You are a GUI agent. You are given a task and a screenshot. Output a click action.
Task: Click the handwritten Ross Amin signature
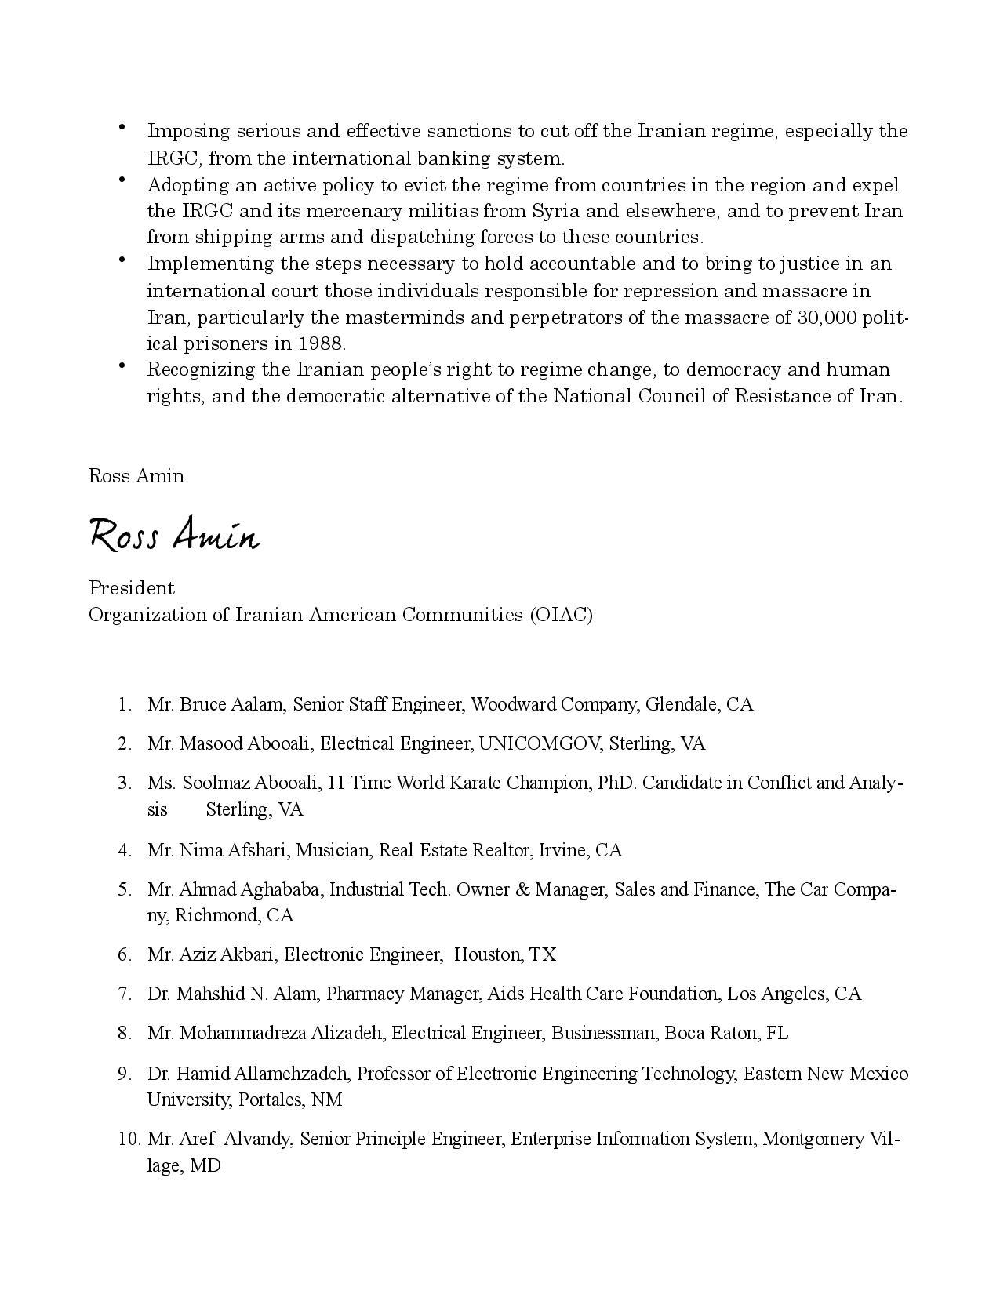pyautogui.click(x=173, y=536)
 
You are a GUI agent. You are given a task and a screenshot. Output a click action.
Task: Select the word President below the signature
pyautogui.click(x=132, y=588)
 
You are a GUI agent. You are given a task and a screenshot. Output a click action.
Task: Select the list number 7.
pyautogui.click(x=125, y=994)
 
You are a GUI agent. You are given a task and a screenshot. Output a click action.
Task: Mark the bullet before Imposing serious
pyautogui.click(x=122, y=126)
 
